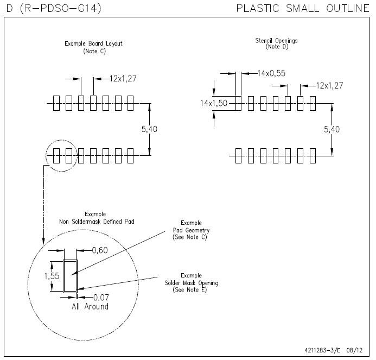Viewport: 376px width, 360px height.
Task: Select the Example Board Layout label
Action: click(x=93, y=43)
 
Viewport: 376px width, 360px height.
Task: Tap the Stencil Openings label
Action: click(x=276, y=41)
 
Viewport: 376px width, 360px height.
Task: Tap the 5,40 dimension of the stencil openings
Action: click(x=332, y=129)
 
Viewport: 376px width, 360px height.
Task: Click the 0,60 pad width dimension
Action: click(x=100, y=250)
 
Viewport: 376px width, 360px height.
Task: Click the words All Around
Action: click(x=90, y=307)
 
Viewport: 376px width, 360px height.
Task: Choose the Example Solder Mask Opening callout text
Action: click(x=191, y=283)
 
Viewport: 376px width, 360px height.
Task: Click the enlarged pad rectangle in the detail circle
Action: click(x=70, y=276)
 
